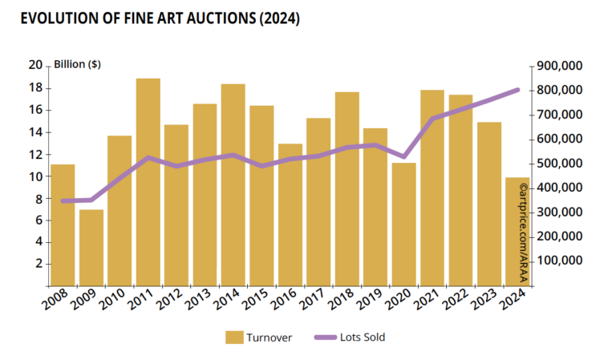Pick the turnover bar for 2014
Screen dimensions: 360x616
(x=233, y=184)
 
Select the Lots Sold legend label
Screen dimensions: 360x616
(x=363, y=338)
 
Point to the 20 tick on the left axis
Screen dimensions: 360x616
(x=34, y=65)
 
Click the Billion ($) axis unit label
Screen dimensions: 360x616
(x=77, y=65)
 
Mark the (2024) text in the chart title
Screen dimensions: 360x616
(x=276, y=18)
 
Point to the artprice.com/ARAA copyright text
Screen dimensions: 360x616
(x=523, y=233)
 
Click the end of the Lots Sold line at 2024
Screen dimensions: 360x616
(x=517, y=90)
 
